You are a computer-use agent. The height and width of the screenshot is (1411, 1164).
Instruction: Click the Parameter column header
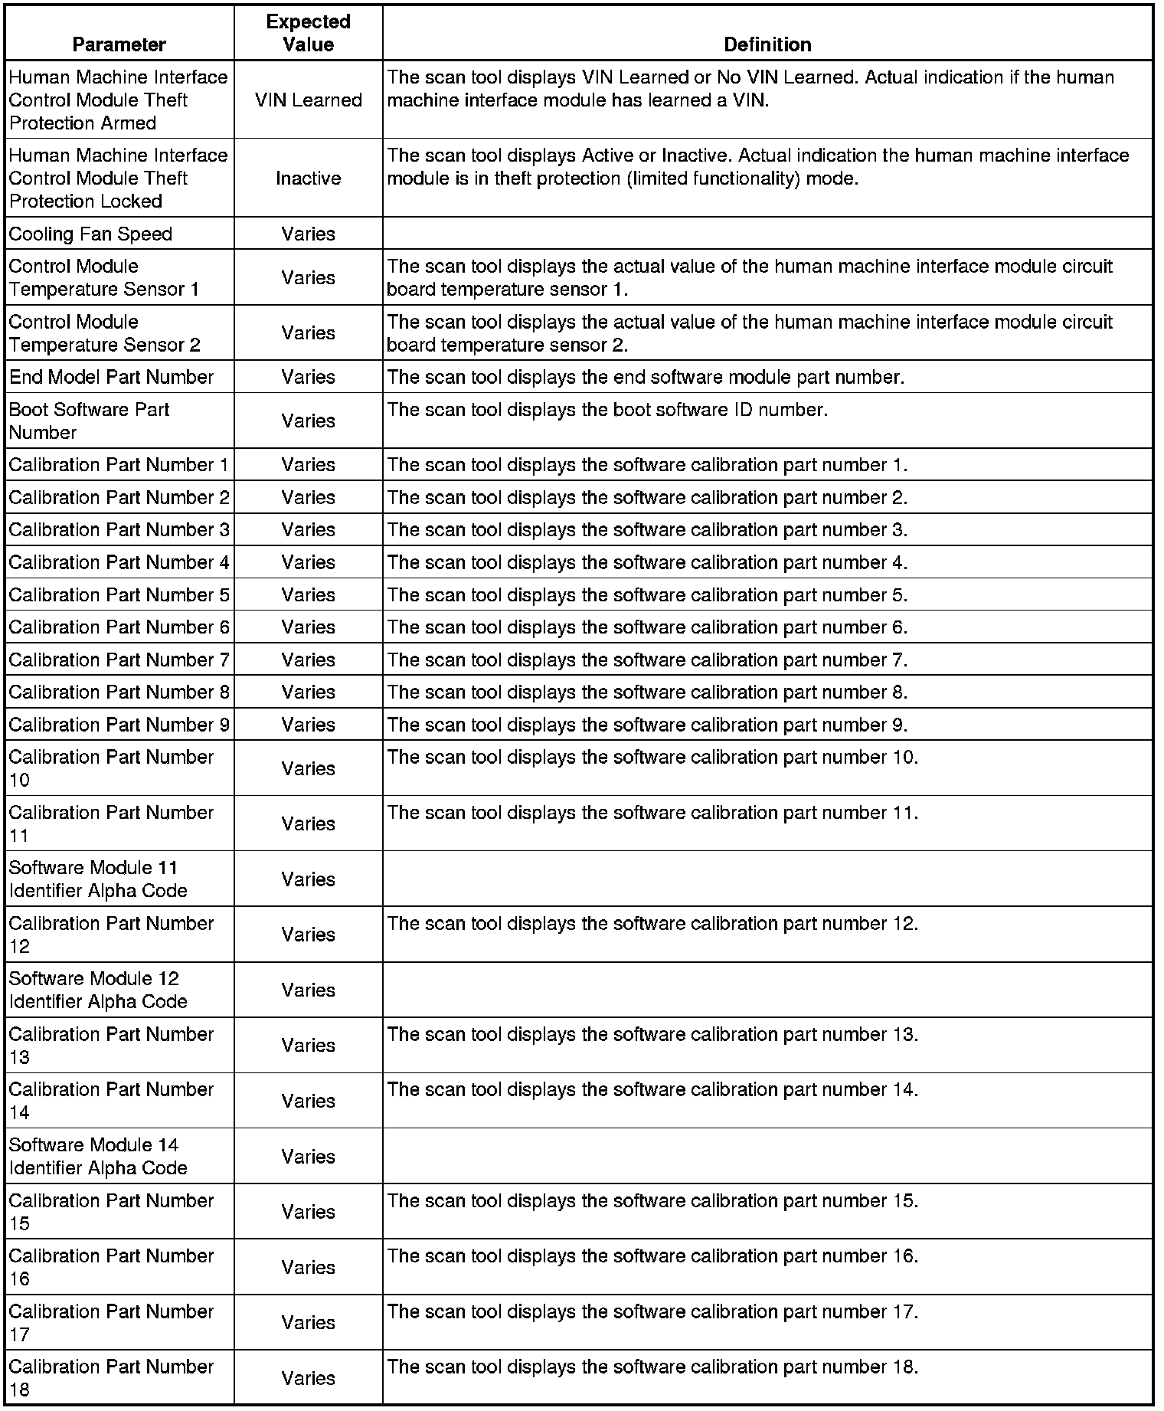[119, 44]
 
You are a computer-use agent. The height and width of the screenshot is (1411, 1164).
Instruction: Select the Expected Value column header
[308, 33]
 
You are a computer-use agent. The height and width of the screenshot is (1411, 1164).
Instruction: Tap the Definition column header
[767, 44]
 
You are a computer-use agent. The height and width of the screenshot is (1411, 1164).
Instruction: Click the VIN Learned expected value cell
[308, 100]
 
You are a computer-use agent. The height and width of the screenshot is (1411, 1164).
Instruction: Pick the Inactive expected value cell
[308, 178]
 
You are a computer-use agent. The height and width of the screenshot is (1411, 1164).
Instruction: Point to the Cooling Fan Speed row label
[90, 234]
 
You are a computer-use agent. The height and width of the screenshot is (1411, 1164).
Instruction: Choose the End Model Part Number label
[111, 377]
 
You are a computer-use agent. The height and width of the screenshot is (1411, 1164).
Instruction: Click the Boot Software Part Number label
[89, 421]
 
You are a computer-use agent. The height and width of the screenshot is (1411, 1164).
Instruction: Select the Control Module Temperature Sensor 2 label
[104, 333]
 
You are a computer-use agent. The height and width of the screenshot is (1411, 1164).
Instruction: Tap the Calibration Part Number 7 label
[119, 660]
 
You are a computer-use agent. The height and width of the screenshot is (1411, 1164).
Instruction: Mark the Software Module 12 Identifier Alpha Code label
[98, 990]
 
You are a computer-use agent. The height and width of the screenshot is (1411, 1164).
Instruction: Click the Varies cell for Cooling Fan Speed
[308, 234]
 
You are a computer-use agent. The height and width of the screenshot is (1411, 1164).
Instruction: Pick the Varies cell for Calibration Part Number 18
[308, 1378]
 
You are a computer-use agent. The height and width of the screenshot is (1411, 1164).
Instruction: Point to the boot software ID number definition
[607, 410]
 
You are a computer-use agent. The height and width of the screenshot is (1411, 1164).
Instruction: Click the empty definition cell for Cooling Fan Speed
[767, 234]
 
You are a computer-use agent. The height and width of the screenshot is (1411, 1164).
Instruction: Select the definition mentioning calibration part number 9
[647, 725]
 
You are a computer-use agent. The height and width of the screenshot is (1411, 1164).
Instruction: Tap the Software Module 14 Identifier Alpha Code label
[98, 1156]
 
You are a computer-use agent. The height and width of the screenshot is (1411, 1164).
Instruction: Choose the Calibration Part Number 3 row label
[119, 529]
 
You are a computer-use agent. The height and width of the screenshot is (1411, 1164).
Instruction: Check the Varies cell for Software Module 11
[308, 879]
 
